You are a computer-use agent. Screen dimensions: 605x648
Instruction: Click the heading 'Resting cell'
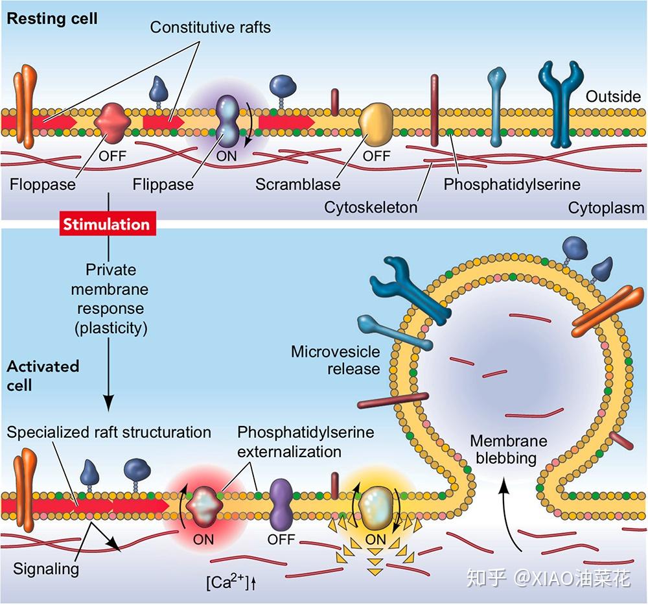tap(52, 18)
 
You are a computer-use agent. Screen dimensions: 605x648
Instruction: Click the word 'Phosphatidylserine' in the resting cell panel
tap(512, 184)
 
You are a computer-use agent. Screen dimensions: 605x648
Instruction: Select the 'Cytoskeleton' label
tap(371, 208)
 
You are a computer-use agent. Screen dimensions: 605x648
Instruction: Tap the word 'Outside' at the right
tap(613, 97)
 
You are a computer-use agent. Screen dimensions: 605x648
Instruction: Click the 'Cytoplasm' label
tap(606, 208)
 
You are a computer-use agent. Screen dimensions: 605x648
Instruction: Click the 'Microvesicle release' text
tap(335, 360)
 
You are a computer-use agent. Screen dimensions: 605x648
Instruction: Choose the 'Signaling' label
tap(46, 569)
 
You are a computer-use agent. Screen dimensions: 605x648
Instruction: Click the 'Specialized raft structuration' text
tap(109, 432)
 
